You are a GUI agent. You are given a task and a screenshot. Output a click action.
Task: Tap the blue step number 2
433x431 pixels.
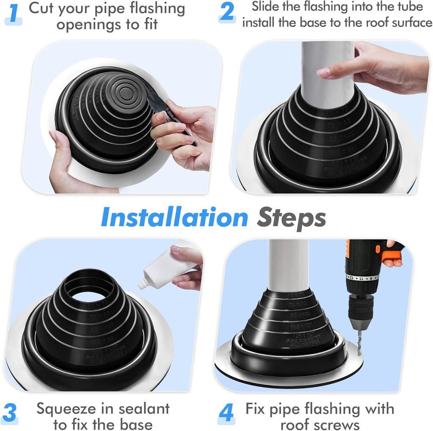point(227,12)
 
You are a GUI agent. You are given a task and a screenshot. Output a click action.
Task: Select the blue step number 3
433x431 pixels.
point(10,412)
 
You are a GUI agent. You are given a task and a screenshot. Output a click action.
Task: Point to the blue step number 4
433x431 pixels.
point(227,413)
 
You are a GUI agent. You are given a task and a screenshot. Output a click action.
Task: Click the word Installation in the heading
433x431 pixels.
point(174,218)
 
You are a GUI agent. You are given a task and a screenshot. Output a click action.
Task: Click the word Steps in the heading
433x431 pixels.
point(292,218)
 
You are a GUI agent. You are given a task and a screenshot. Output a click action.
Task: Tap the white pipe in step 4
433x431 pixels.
point(288,266)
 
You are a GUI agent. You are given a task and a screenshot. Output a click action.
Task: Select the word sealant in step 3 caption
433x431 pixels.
point(144,409)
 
